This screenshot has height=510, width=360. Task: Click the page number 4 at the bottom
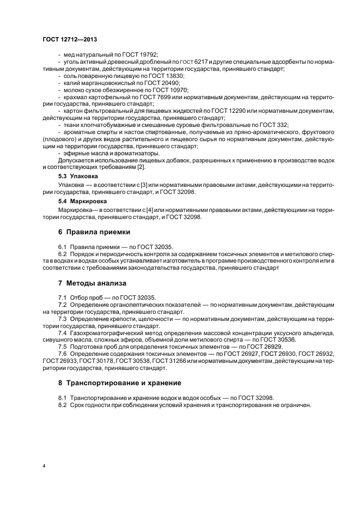44,466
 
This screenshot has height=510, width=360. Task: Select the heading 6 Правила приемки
86,232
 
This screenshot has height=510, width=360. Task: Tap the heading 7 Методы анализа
92,283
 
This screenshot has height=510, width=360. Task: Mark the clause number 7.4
62,333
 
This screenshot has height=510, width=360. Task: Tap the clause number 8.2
62,405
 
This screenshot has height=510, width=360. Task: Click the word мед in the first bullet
68,54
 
